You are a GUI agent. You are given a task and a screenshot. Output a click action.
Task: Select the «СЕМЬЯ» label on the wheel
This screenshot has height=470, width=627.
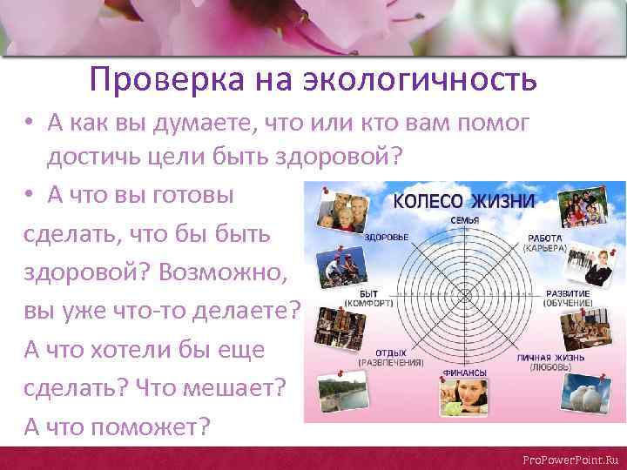tap(465, 219)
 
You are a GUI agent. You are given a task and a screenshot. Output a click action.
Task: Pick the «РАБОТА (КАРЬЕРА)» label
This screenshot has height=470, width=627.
tap(544, 243)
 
